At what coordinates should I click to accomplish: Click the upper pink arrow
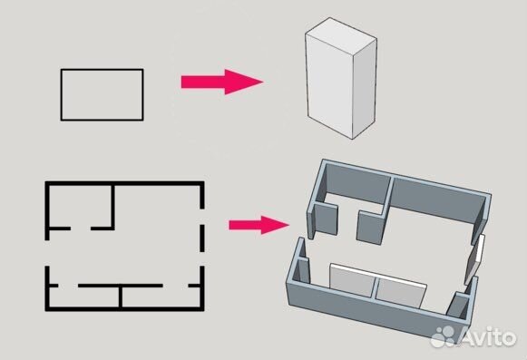(x=220, y=83)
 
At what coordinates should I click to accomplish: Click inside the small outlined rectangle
(x=102, y=94)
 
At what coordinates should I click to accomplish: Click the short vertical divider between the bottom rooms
(x=121, y=297)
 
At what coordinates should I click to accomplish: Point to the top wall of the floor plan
(x=124, y=184)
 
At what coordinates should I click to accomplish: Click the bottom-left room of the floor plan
(x=84, y=297)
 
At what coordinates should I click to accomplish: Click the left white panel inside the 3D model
(x=353, y=282)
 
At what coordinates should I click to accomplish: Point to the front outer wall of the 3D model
(x=372, y=314)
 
